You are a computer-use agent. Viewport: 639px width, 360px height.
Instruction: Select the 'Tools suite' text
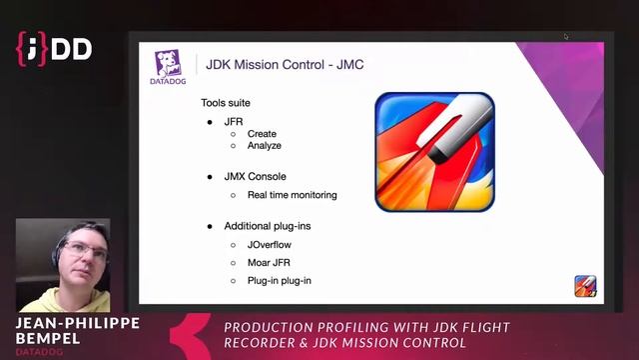point(226,103)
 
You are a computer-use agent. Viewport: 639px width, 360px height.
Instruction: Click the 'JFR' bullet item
point(234,121)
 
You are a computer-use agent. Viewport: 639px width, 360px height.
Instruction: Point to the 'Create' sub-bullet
point(262,134)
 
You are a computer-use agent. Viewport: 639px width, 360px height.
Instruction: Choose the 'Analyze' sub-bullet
point(265,146)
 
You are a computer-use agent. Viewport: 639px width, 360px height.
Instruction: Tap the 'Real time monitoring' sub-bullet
point(292,195)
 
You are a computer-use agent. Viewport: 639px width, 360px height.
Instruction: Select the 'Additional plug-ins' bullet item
point(267,226)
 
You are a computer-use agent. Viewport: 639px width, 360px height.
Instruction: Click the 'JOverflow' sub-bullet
point(270,244)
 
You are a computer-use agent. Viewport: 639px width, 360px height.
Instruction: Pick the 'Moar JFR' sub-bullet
point(269,262)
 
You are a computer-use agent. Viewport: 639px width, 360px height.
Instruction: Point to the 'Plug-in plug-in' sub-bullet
point(279,281)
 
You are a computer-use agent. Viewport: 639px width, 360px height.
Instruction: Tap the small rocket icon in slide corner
point(585,286)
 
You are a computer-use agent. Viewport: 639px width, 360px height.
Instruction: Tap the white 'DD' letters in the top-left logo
point(71,47)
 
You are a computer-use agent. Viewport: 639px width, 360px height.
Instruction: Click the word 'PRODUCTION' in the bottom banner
point(266,328)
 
